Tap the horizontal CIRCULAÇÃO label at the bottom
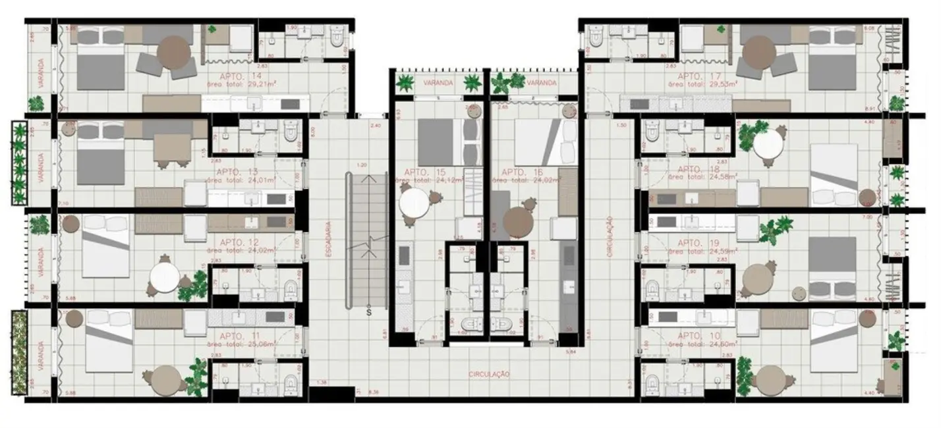[x=490, y=374]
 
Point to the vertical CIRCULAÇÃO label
[x=610, y=237]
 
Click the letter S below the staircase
[x=369, y=313]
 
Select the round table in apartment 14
[x=174, y=51]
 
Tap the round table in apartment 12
[x=164, y=278]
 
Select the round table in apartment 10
[x=772, y=380]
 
